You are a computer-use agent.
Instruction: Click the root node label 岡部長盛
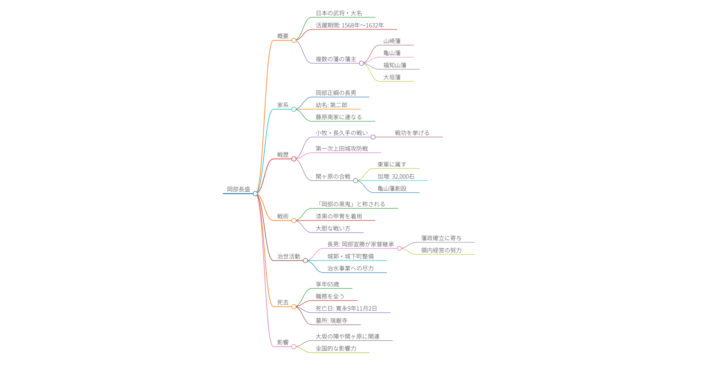(x=238, y=189)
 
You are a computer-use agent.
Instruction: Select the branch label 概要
(x=283, y=36)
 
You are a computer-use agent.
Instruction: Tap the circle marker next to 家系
(x=294, y=109)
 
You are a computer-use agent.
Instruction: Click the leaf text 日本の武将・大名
(x=339, y=13)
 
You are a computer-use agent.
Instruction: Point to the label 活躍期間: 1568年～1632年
(x=350, y=25)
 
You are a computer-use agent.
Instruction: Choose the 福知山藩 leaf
(x=395, y=65)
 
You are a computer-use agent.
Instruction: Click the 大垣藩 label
(x=392, y=77)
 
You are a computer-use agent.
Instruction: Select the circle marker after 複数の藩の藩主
(x=361, y=63)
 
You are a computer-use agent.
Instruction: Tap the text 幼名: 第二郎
(x=332, y=105)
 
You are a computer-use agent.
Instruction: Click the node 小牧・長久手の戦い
(x=342, y=133)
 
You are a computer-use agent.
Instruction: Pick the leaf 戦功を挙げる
(x=412, y=133)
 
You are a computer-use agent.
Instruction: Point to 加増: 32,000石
(x=396, y=177)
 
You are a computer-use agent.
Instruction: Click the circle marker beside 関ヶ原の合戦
(x=355, y=181)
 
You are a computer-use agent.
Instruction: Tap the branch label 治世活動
(x=288, y=256)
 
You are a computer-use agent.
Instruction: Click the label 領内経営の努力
(x=441, y=250)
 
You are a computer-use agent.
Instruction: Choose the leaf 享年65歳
(x=327, y=284)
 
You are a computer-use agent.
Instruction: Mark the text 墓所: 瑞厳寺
(x=332, y=321)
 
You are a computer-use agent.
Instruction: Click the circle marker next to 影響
(x=294, y=347)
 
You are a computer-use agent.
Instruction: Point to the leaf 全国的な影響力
(x=336, y=348)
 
